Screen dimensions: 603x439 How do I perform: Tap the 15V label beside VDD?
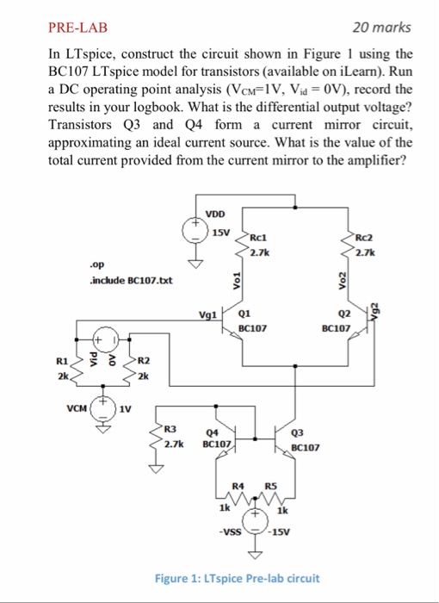220,233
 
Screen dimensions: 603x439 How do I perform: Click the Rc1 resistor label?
259,239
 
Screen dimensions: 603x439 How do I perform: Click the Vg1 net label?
208,316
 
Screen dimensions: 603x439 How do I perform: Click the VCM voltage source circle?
103,403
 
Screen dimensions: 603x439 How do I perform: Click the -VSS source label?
228,531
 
